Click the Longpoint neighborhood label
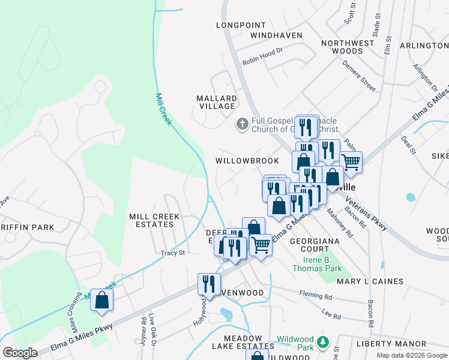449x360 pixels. [240, 25]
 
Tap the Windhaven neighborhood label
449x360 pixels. [276, 35]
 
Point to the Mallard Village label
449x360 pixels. [217, 102]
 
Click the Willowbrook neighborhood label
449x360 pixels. [247, 161]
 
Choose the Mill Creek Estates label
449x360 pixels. [151, 220]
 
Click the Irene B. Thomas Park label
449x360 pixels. [316, 264]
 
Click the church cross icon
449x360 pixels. [242, 124]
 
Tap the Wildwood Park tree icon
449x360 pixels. [323, 341]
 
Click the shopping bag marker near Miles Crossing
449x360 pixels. [101, 299]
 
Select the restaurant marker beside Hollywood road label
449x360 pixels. [209, 284]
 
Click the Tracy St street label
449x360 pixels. [172, 253]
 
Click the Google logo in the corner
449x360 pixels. [20, 352]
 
